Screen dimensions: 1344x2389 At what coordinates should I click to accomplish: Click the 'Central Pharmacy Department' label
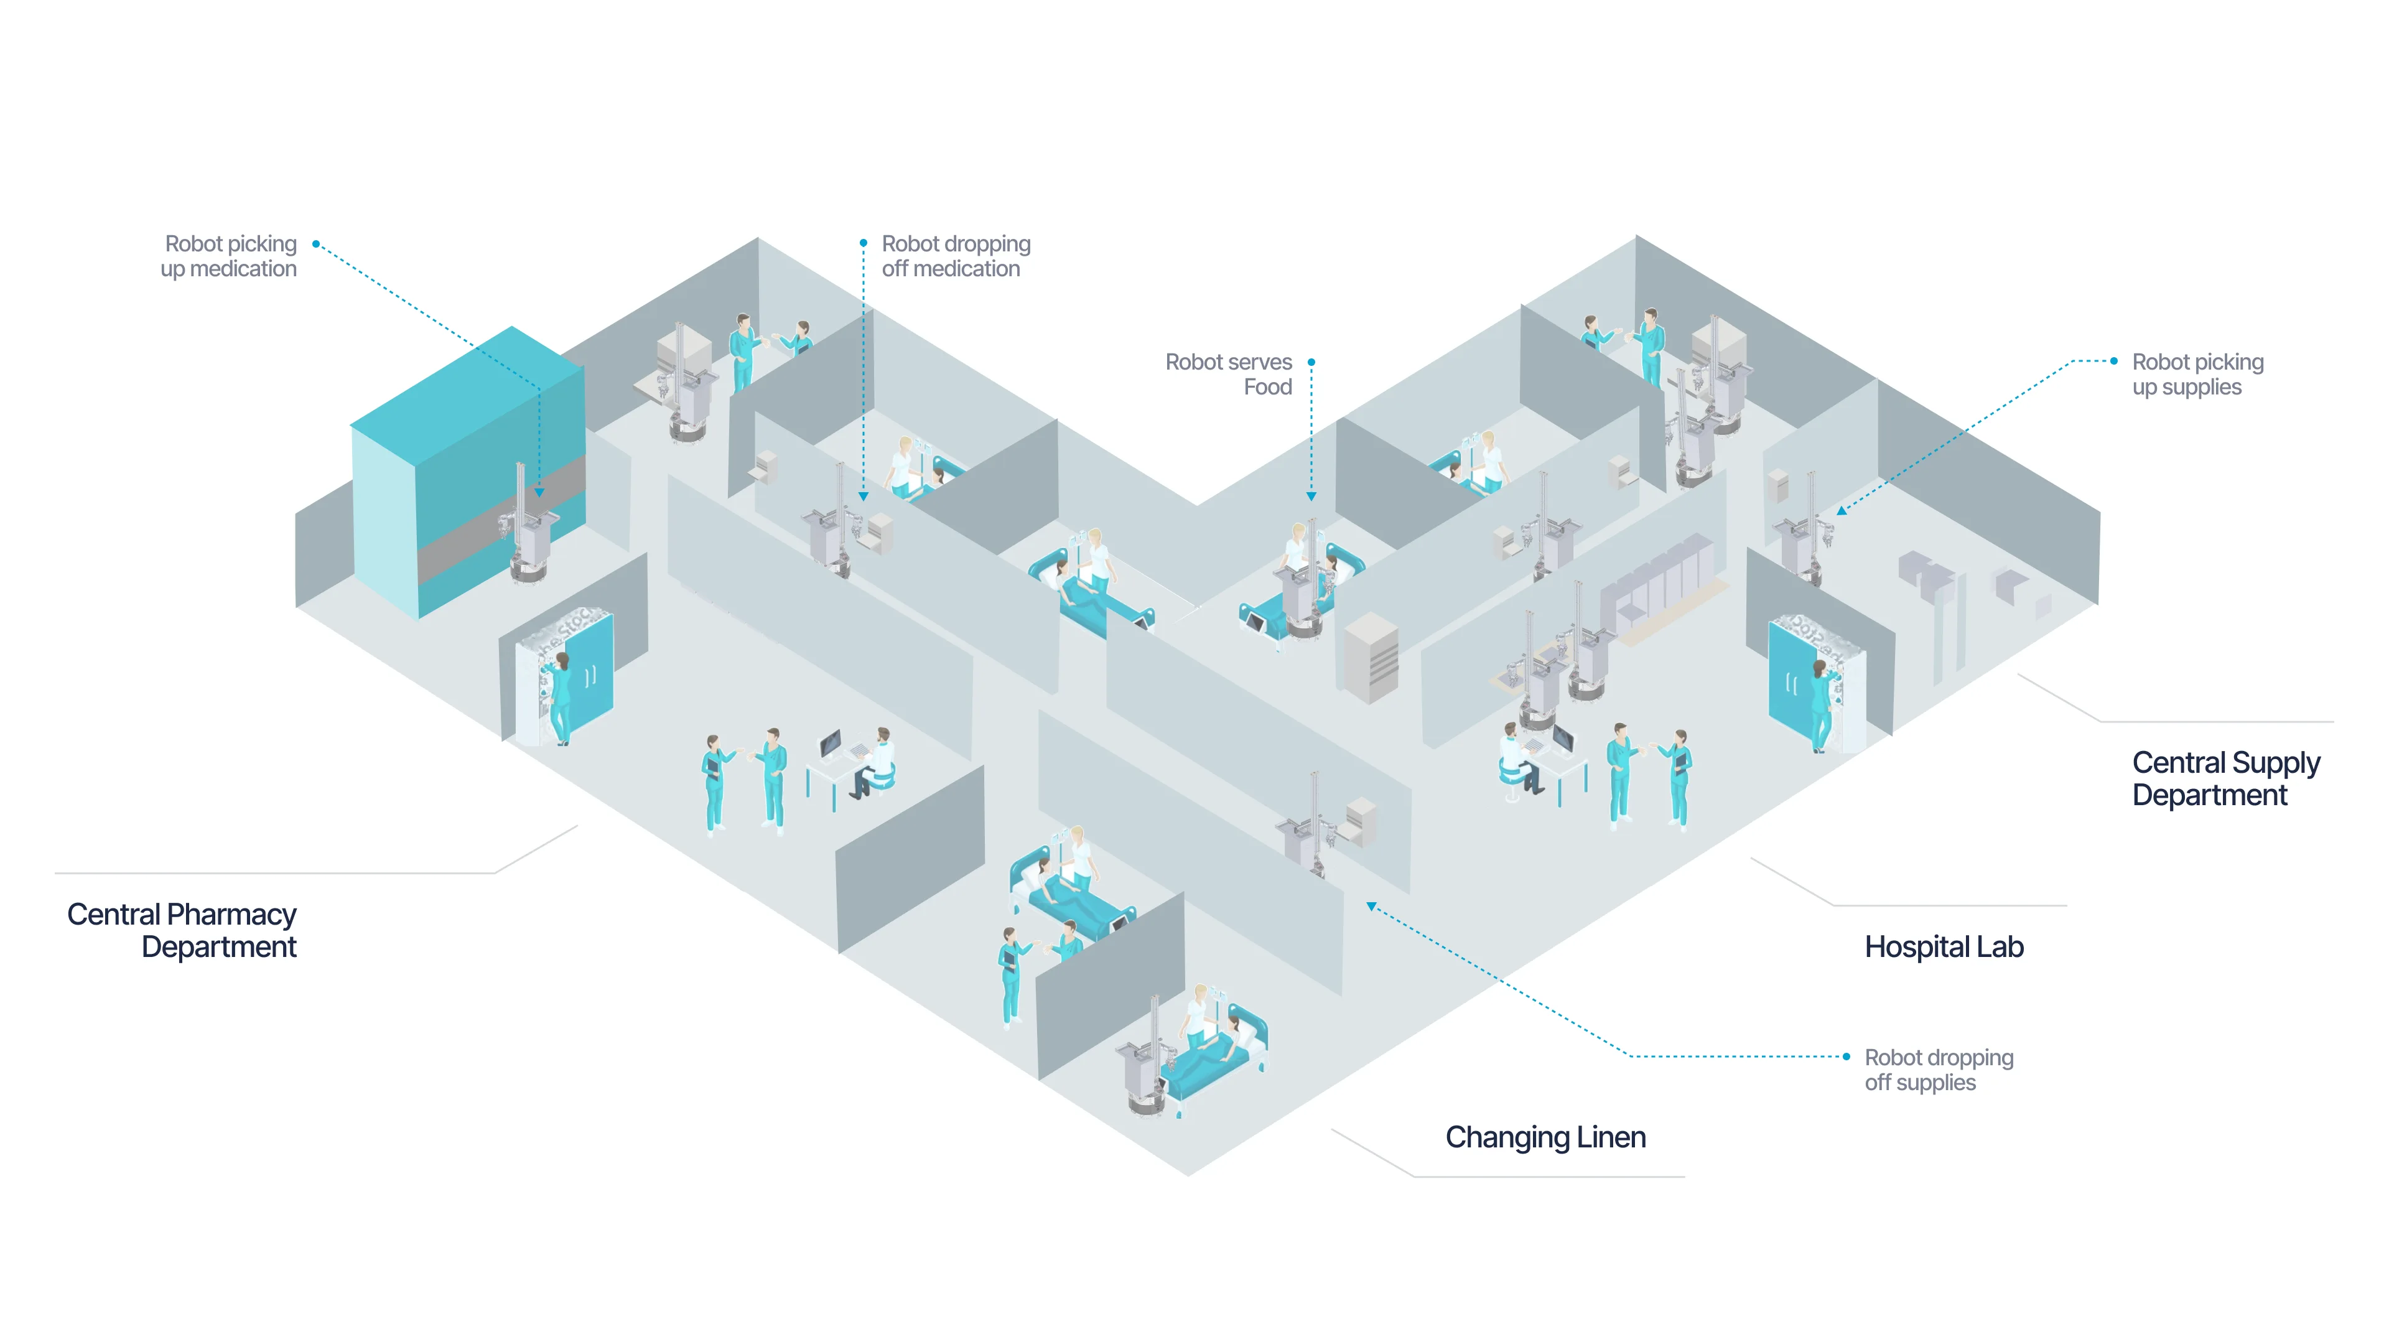tap(182, 930)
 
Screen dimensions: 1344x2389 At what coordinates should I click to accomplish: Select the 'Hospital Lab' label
tap(1943, 947)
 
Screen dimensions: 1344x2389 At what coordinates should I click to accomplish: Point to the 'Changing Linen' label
tap(1545, 1137)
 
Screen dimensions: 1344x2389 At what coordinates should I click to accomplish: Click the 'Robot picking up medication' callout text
tap(229, 256)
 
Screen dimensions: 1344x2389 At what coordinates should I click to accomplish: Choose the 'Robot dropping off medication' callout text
tap(955, 256)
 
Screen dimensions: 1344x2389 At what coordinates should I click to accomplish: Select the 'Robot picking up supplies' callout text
tap(2197, 374)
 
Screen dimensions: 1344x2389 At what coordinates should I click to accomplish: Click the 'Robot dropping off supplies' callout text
tap(1939, 1070)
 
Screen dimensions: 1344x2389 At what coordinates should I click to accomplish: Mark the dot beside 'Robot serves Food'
tap(1311, 362)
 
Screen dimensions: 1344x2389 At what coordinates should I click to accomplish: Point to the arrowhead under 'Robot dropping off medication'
tap(864, 497)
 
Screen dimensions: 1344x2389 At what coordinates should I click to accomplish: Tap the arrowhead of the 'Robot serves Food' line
tap(1311, 497)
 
